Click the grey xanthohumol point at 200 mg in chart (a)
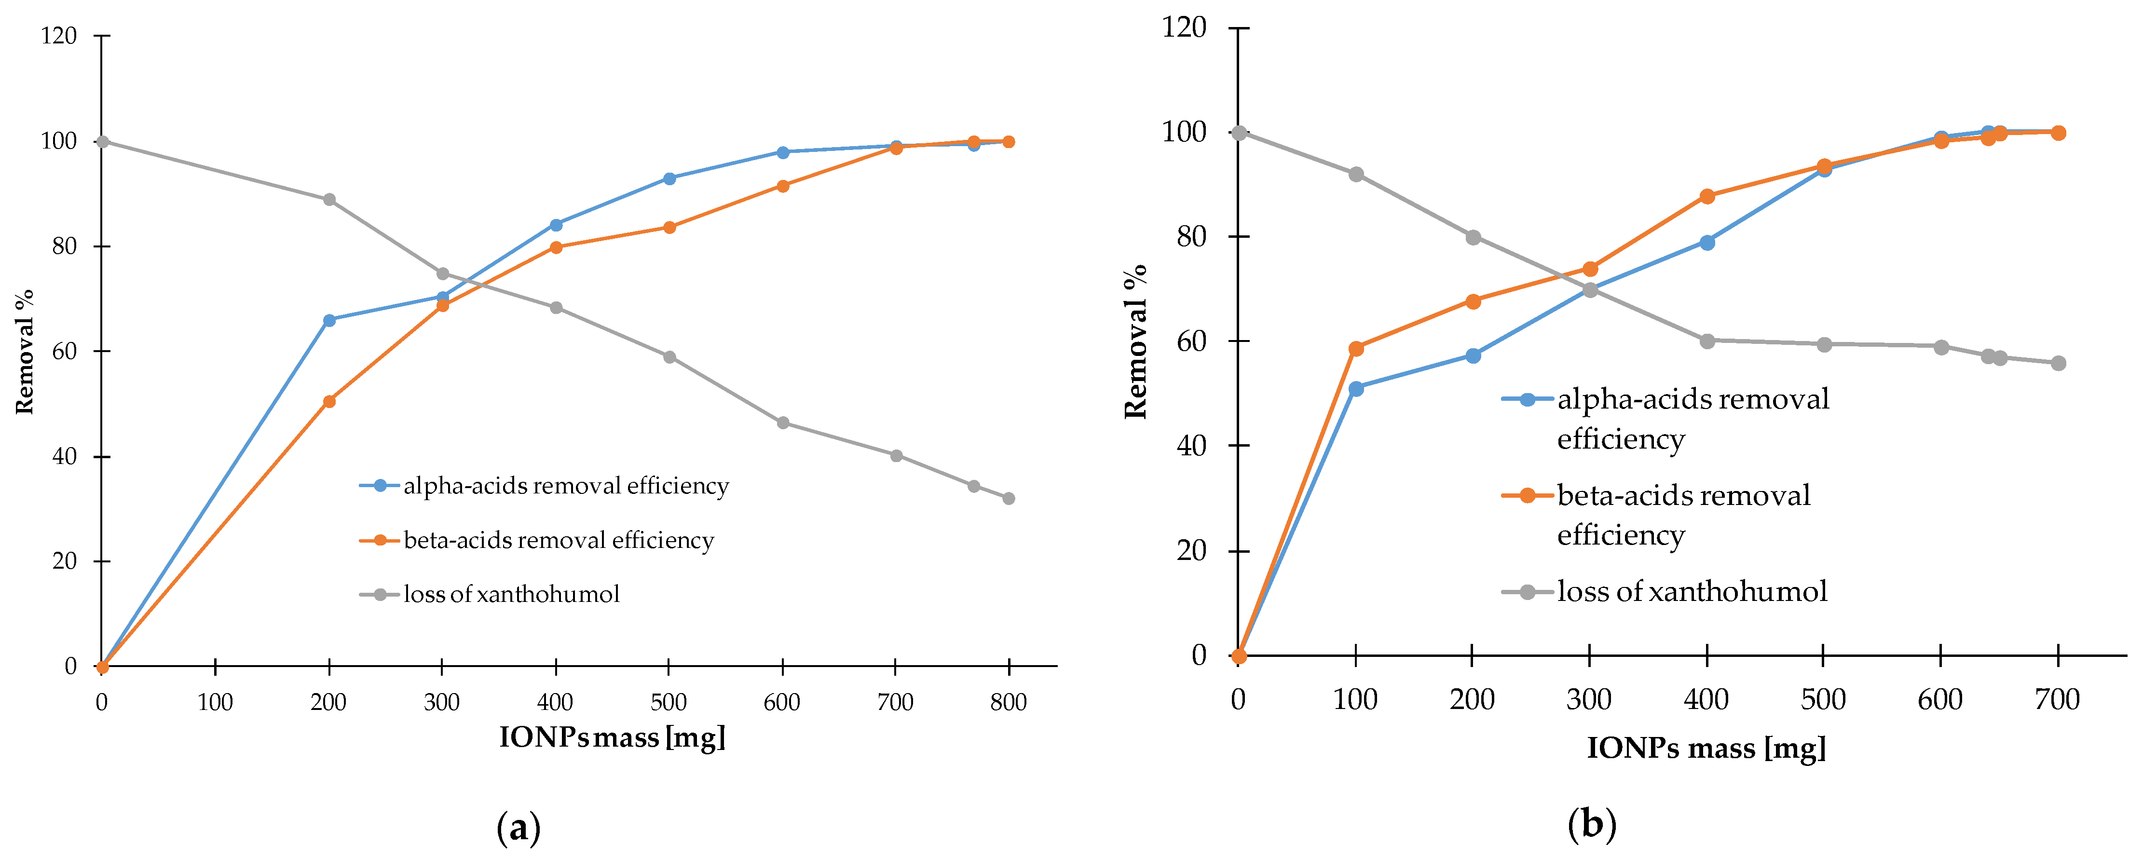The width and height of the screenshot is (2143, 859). point(329,200)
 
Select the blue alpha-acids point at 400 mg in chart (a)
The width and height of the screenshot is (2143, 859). point(556,225)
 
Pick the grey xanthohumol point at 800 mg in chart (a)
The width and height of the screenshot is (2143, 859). point(1008,498)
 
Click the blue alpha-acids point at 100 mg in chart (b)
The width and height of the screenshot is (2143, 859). point(1356,388)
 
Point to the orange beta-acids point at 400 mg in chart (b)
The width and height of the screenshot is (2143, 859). point(1707,196)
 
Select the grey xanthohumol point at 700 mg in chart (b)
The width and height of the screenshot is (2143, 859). point(2058,363)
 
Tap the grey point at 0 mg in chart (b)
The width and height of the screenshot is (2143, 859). point(1239,132)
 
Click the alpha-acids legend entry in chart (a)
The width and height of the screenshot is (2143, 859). point(566,486)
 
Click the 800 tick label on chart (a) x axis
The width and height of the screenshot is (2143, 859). point(1008,703)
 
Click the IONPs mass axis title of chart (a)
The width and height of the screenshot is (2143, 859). point(612,737)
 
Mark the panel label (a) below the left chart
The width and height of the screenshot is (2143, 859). point(519,828)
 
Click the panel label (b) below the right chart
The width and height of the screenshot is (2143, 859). point(1591,825)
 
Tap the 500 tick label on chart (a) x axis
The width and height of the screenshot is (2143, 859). point(669,703)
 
